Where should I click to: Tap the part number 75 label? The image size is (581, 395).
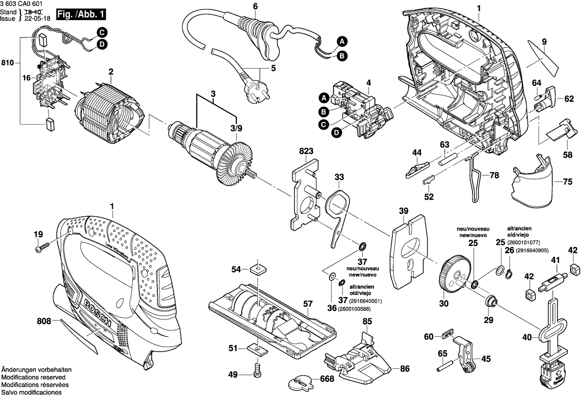coord(567,182)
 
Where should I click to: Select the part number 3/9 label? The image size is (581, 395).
coord(236,128)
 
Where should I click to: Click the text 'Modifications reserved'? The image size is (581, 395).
coord(34,377)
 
